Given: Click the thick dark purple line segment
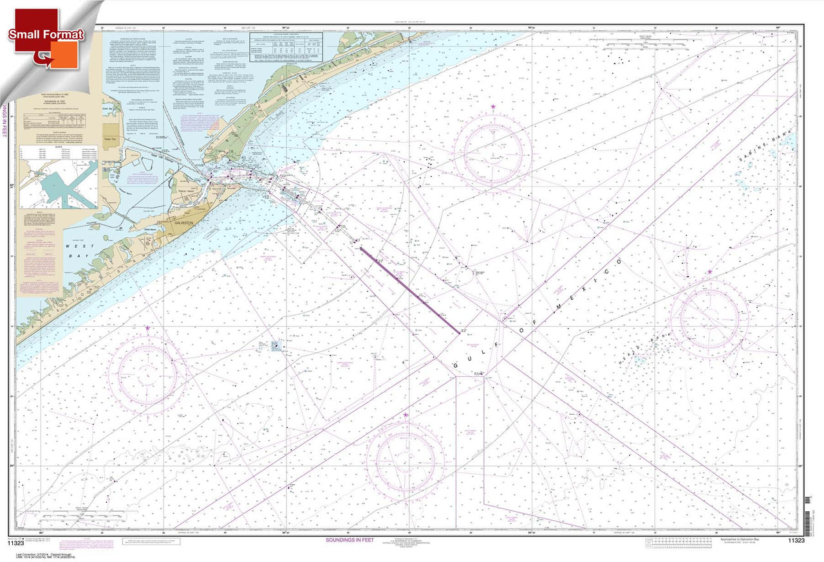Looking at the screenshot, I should point(409,290).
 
